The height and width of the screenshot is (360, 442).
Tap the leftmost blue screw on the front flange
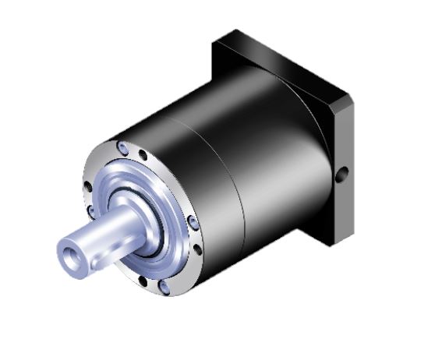click(x=92, y=210)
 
